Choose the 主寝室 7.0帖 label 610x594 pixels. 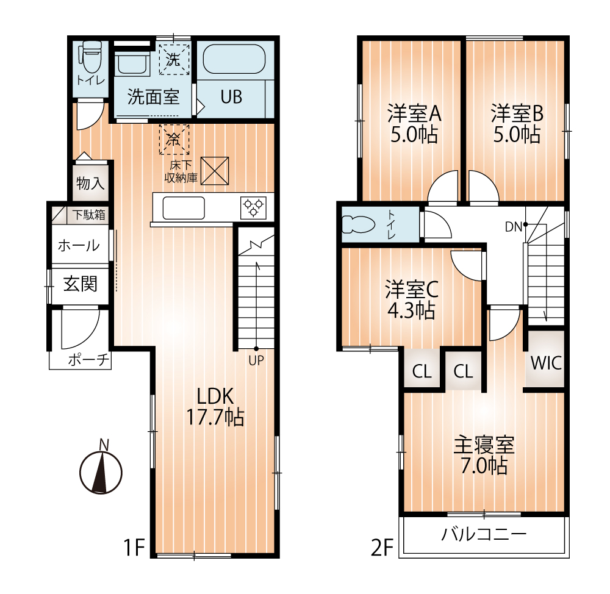point(484,455)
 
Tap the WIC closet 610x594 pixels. point(545,362)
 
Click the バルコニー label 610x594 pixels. point(484,535)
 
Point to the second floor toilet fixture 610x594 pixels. point(358,224)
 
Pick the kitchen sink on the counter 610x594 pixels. point(183,208)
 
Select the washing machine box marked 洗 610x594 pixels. point(174,59)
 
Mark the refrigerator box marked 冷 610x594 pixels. point(174,139)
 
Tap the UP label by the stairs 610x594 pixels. point(256,360)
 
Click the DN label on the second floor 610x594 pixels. point(512,227)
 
